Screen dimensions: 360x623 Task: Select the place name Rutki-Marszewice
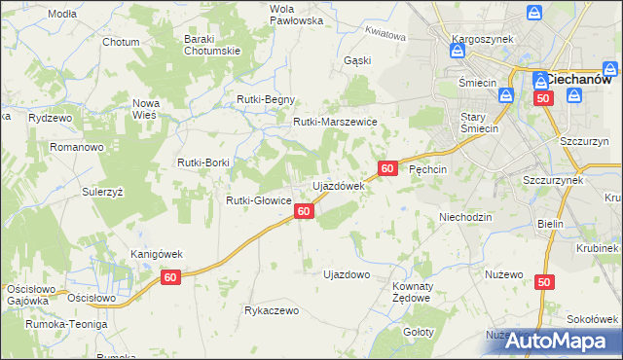tap(335, 122)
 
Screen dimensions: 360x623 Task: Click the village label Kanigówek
tap(157, 254)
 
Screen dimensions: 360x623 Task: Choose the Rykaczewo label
tap(272, 310)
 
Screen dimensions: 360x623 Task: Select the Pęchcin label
tap(428, 168)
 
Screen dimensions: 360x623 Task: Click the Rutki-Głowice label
tap(259, 200)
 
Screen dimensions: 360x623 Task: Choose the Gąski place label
tap(357, 59)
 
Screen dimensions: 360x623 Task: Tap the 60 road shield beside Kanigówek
tap(171, 277)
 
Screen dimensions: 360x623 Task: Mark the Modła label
tap(61, 14)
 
